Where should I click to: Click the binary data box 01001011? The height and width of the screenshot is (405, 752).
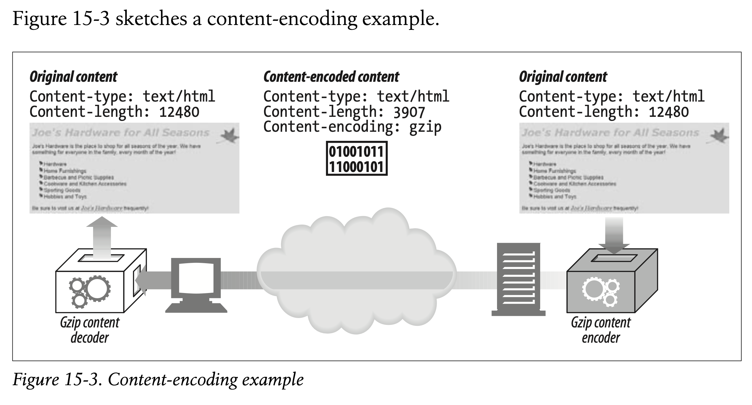pos(357,159)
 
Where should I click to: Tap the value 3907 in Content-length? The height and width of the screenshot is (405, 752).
pos(409,112)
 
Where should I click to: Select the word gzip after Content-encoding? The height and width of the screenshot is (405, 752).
pos(425,127)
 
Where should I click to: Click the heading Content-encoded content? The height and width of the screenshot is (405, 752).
pos(331,77)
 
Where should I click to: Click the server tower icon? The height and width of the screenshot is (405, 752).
pos(518,279)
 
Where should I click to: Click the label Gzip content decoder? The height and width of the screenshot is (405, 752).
pos(90,330)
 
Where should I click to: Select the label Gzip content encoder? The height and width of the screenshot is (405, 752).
pos(601,330)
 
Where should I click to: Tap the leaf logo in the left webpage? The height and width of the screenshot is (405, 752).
pos(230,136)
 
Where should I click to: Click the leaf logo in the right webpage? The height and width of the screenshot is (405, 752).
pos(720,136)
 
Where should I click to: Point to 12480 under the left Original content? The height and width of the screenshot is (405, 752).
pos(179,112)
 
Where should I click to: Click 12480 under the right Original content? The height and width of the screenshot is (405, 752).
pos(669,112)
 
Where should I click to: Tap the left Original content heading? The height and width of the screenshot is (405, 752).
pos(73,77)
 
